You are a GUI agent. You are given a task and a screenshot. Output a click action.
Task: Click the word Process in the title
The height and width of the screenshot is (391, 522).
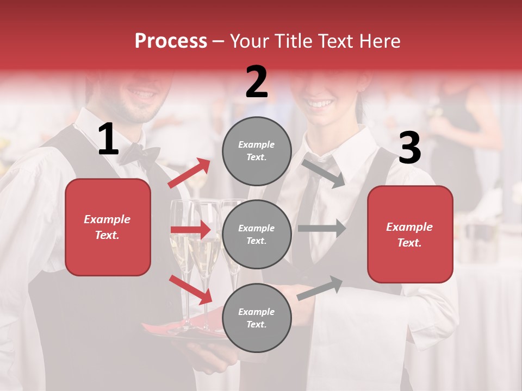click(171, 41)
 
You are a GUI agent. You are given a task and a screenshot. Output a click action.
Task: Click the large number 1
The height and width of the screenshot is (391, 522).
click(108, 140)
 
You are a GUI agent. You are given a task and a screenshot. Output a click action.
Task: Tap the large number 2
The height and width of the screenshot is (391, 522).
click(257, 82)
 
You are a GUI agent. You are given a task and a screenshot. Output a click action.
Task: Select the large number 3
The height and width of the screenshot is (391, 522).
click(409, 148)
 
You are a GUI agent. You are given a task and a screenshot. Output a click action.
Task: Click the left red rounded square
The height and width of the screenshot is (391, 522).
click(108, 227)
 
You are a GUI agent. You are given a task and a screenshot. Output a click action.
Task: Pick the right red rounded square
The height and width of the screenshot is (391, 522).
click(410, 235)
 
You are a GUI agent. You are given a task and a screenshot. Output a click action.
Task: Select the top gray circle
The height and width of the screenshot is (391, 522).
click(257, 151)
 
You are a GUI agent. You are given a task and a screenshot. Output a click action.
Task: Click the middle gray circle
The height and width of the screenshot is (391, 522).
click(257, 234)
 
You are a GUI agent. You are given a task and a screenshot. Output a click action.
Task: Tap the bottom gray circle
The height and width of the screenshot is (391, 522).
click(257, 318)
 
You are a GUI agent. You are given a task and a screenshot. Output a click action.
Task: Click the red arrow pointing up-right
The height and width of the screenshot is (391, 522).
click(189, 173)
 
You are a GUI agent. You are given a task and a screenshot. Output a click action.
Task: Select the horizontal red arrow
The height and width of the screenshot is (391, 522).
click(190, 230)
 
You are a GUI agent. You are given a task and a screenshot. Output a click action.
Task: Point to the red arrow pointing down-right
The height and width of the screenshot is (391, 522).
click(191, 289)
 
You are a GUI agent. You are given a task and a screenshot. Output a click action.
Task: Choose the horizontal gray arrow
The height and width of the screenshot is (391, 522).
click(322, 229)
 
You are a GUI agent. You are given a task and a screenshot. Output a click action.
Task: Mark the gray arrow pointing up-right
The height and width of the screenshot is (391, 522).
click(320, 287)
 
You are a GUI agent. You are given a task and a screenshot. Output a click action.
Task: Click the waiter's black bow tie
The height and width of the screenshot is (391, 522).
click(140, 155)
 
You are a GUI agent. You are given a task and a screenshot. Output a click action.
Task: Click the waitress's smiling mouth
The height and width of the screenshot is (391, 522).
click(319, 103)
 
